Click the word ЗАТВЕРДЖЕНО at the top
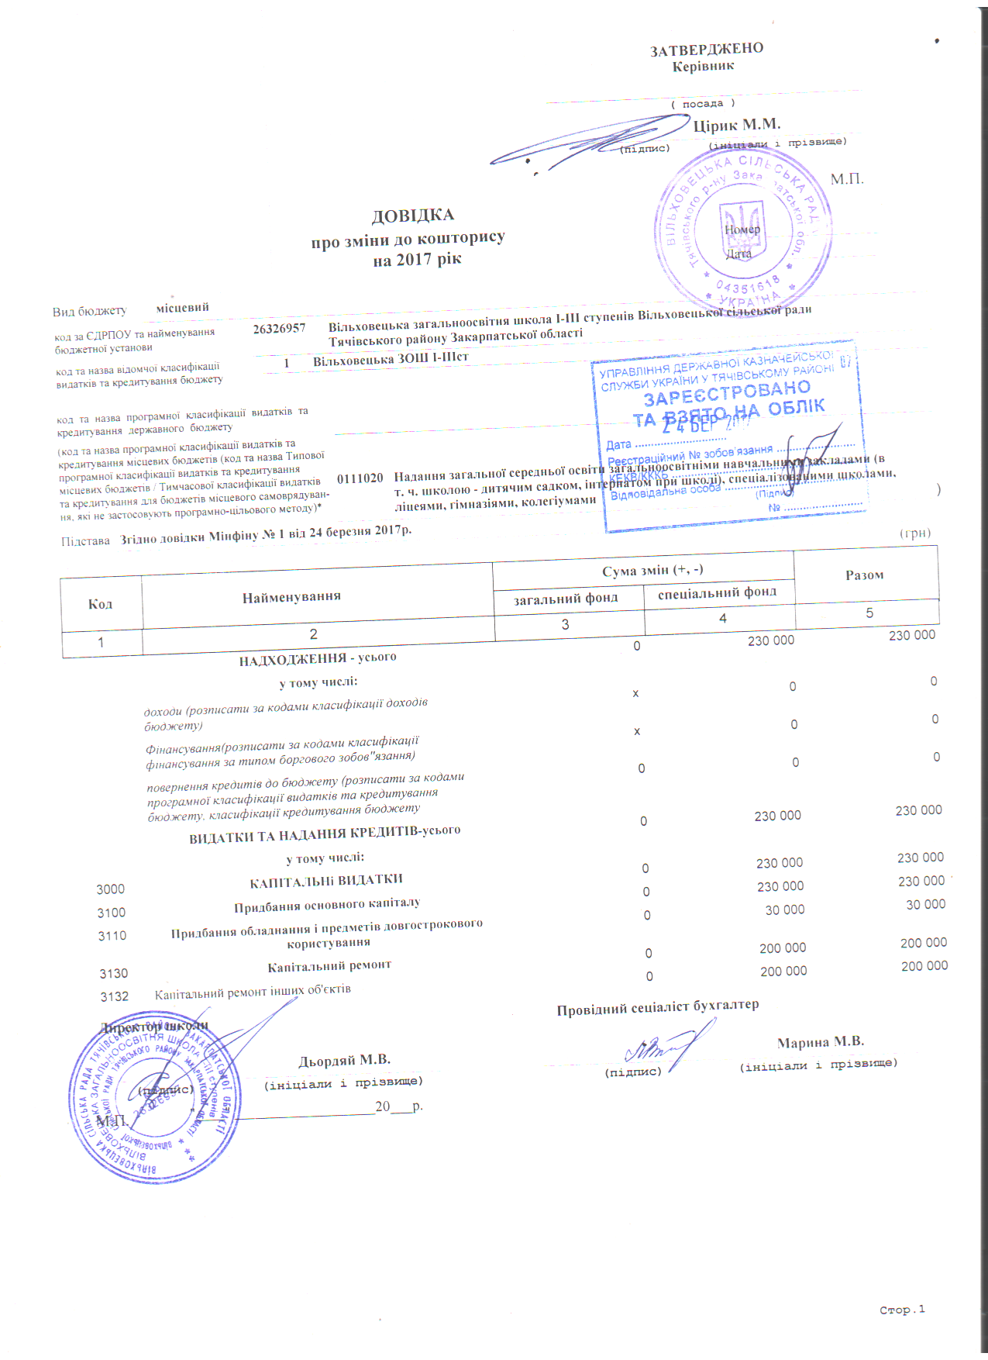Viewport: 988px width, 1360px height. pos(706,50)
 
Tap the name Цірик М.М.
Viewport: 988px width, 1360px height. pos(736,126)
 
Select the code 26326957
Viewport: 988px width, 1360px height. pos(279,329)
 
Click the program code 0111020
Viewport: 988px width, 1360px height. pos(360,478)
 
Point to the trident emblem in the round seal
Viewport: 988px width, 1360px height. pos(742,229)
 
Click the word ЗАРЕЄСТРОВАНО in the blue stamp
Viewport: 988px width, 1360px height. pos(727,392)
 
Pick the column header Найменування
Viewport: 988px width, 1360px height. pos(291,597)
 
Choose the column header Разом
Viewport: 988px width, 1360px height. pos(864,575)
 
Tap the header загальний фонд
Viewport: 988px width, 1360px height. pos(566,598)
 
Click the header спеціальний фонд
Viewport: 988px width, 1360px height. pos(717,593)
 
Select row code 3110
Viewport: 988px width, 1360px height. pos(112,936)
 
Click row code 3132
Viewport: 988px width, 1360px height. pos(114,996)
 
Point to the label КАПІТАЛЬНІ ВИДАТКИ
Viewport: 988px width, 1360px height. pos(325,881)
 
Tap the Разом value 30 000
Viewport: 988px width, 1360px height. pos(925,904)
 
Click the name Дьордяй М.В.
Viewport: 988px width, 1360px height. pos(344,1060)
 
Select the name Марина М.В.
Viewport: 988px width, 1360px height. pos(820,1042)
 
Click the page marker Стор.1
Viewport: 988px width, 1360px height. pos(902,1310)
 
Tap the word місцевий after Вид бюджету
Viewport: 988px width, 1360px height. pos(182,308)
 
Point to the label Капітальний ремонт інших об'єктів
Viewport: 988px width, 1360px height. pos(253,991)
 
